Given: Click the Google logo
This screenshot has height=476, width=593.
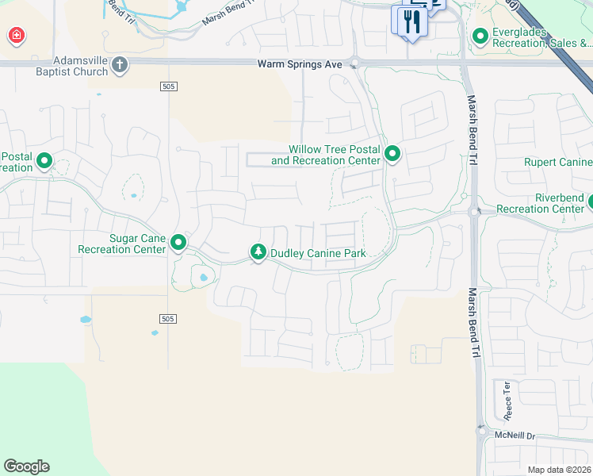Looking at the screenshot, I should tap(26, 466).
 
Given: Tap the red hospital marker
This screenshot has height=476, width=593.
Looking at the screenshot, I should tap(16, 36).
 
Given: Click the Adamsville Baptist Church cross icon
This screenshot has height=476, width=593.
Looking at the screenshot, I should tap(119, 65).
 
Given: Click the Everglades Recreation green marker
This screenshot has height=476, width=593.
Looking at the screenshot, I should tap(480, 36).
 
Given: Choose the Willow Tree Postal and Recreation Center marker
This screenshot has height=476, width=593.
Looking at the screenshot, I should tap(392, 154).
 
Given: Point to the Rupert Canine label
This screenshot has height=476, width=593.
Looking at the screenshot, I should tap(558, 163).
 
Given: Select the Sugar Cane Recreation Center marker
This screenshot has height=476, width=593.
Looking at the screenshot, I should tap(179, 243).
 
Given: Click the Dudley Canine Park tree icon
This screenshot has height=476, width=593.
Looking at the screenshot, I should tap(258, 252).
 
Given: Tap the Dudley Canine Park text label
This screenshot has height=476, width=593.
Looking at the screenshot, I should tap(321, 254).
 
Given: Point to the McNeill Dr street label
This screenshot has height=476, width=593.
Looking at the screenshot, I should tap(515, 436).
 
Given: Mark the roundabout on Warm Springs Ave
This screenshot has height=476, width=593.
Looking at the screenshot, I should tap(355, 63).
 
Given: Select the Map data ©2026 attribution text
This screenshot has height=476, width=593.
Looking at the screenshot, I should tap(559, 470).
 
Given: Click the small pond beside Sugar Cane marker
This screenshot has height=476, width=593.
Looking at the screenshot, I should tap(203, 278).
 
